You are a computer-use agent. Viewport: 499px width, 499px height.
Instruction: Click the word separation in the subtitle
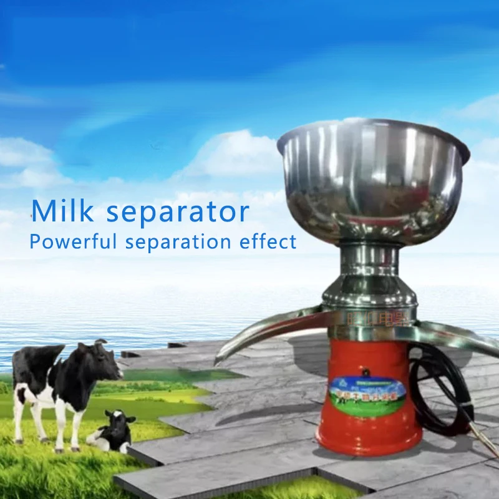click(178, 242)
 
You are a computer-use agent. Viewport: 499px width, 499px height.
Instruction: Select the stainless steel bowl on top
click(372, 181)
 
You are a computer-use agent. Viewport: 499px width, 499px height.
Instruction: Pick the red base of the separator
click(368, 424)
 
